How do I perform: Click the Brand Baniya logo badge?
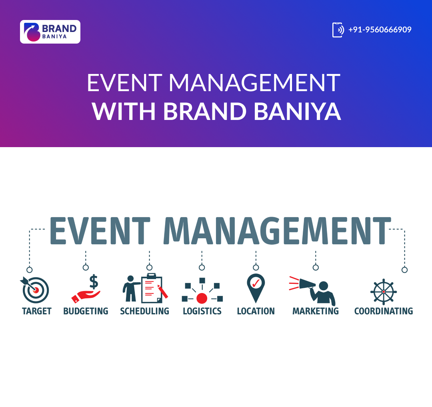[50, 32]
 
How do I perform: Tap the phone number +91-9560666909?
[380, 30]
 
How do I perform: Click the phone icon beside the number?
[338, 30]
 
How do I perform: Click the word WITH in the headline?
[124, 111]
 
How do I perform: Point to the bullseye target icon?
[35, 290]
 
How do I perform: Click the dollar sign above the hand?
[94, 282]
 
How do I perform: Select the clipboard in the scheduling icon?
[152, 288]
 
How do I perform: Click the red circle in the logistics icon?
[202, 298]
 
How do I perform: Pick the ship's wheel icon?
[384, 291]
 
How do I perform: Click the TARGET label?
[37, 311]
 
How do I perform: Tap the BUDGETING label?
[86, 311]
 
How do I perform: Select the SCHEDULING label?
[145, 311]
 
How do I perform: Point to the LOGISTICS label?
[202, 311]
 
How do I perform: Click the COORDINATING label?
[384, 311]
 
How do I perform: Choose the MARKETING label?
[316, 311]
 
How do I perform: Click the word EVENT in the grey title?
[100, 231]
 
